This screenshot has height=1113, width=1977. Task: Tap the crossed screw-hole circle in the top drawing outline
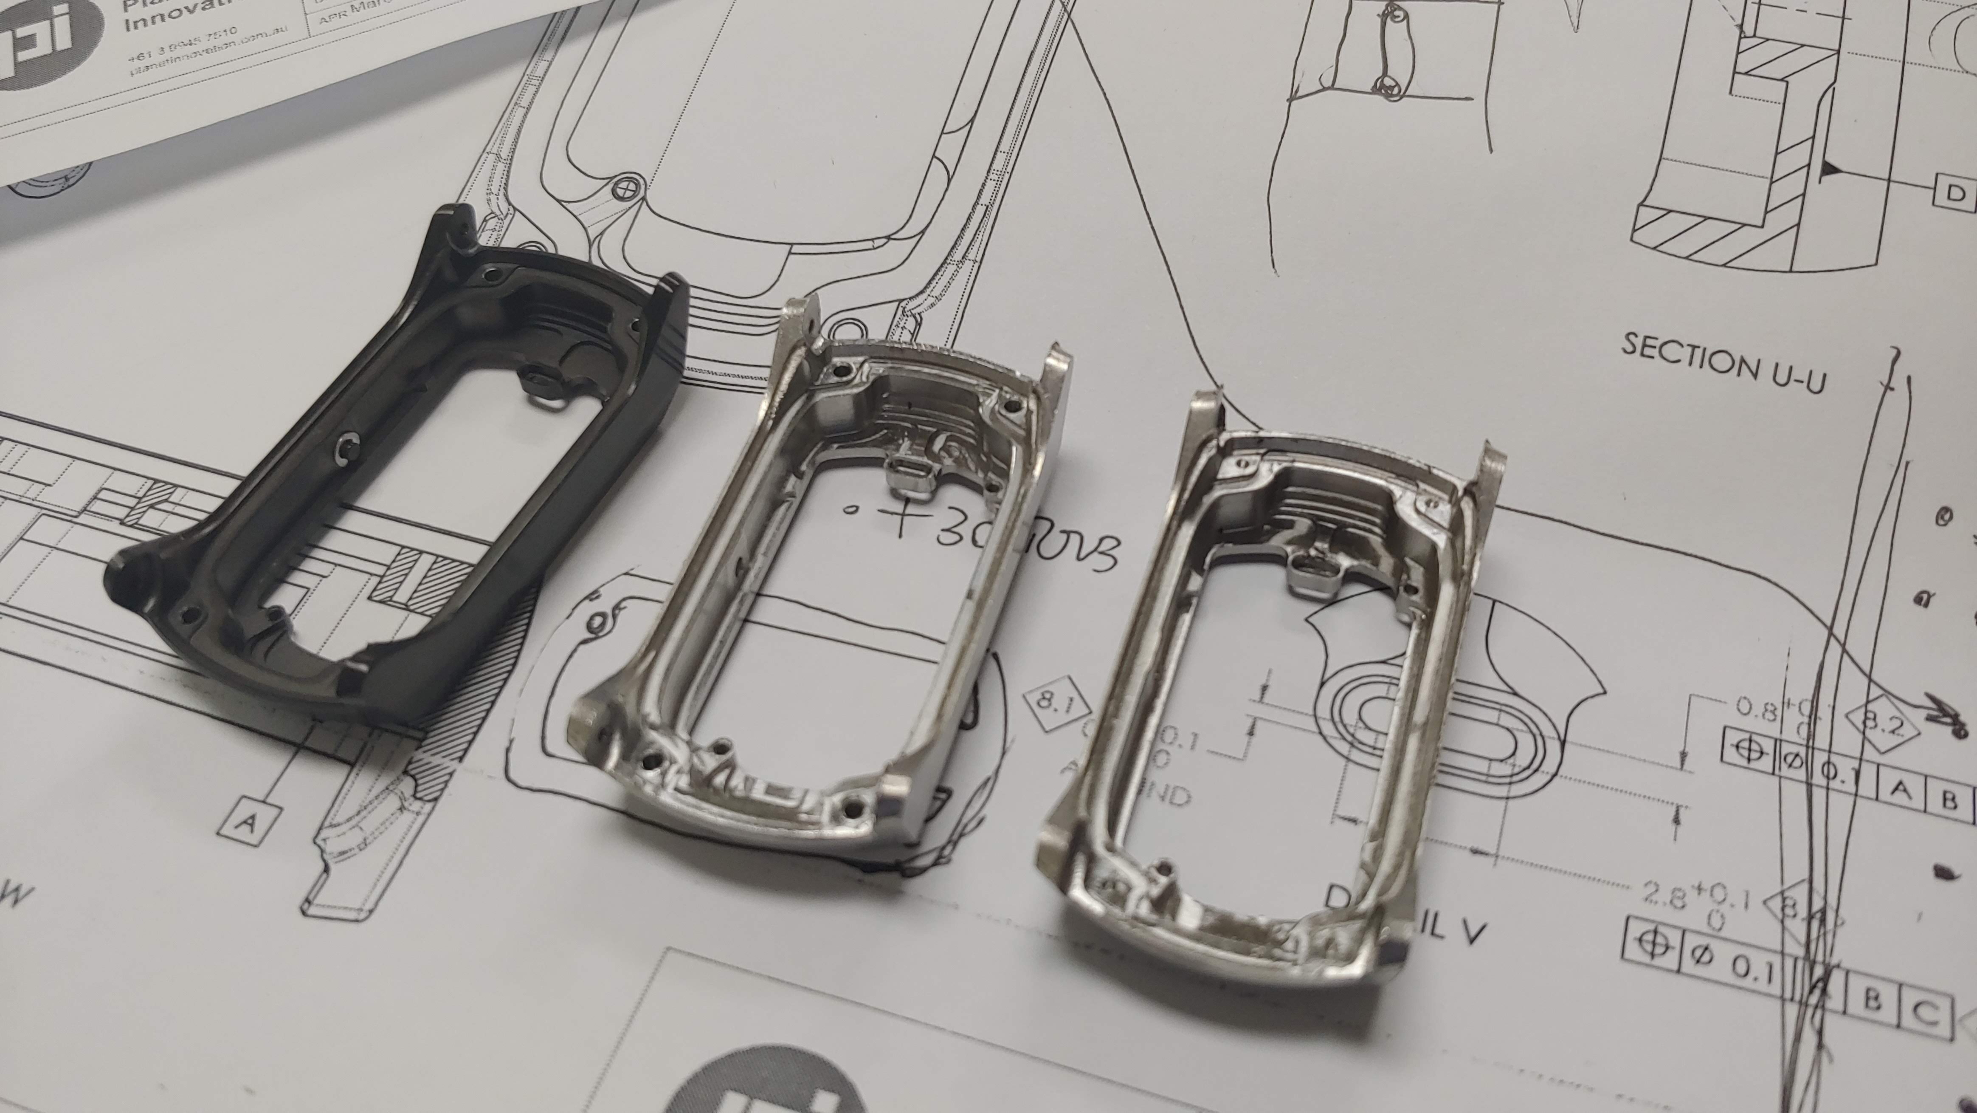[x=627, y=186]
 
